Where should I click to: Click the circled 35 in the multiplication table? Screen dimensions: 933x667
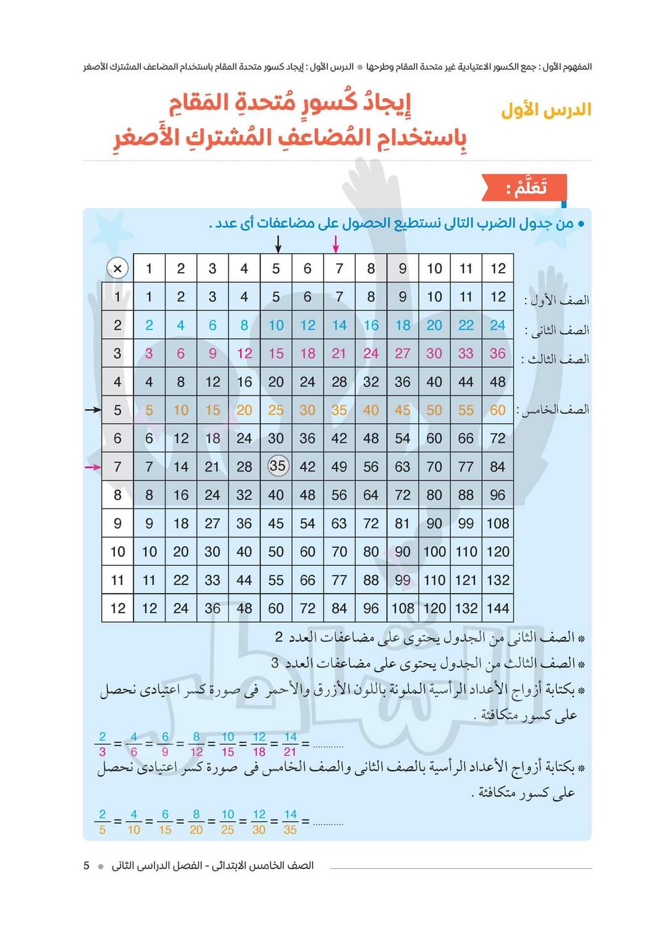[277, 465]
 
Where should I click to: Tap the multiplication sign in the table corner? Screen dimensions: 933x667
[117, 268]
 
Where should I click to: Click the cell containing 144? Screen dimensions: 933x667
[498, 608]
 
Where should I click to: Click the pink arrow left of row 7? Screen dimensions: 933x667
[93, 467]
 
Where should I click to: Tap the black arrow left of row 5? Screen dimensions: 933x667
[93, 410]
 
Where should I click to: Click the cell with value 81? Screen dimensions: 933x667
[403, 523]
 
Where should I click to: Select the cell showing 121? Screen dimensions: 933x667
[466, 580]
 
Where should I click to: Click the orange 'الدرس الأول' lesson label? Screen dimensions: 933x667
[546, 110]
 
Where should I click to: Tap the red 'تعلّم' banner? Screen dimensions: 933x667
[526, 188]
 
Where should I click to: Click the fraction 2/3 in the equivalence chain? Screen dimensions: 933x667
[103, 744]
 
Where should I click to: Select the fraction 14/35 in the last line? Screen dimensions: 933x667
[290, 822]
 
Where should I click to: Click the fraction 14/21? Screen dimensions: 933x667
[290, 744]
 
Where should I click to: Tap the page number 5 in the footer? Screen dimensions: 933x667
[86, 866]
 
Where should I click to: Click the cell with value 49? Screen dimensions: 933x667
[339, 467]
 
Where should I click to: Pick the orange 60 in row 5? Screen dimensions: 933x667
[498, 410]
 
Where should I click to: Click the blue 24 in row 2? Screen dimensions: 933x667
[498, 325]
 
